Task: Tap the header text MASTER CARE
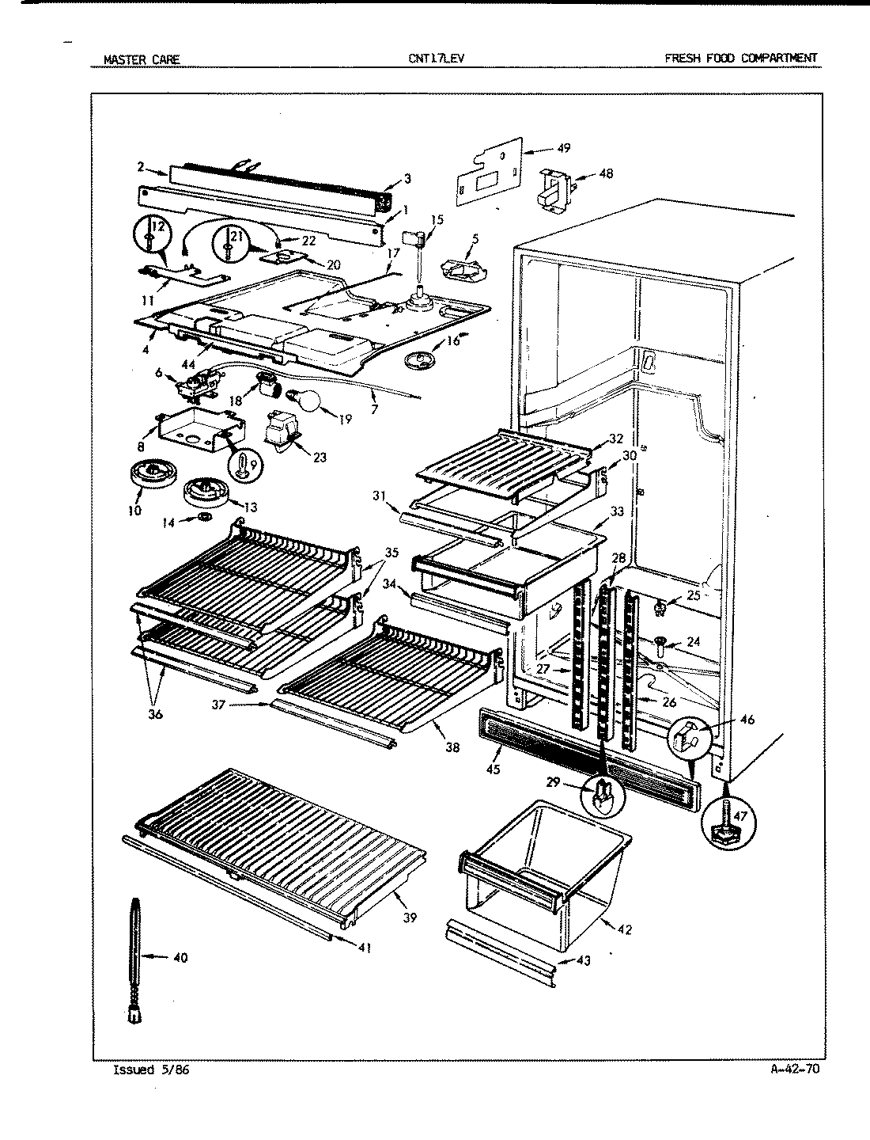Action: (142, 59)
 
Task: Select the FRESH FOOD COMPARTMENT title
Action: (741, 58)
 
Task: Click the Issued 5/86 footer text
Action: (151, 1070)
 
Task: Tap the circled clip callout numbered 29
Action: (603, 794)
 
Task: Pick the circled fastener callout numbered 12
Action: (151, 236)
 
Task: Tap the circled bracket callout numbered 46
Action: (687, 739)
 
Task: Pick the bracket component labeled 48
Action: (556, 188)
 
